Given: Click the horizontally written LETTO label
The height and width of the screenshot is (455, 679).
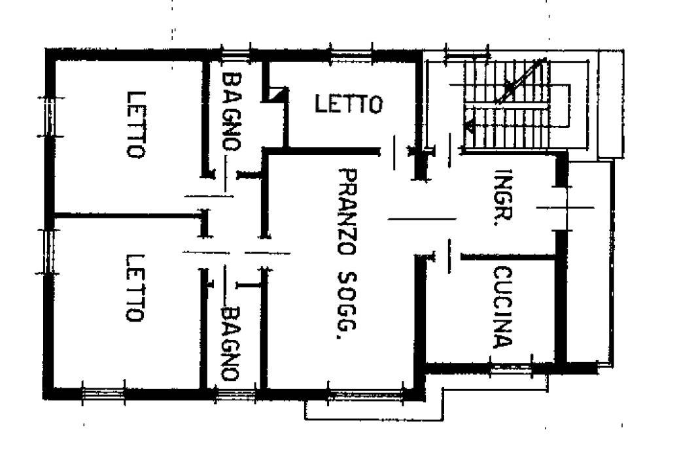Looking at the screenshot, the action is click(349, 105).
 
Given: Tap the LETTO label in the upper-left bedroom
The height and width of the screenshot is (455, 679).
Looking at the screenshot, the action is click(136, 125).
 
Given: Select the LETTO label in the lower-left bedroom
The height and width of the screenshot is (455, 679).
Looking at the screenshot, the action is click(134, 288).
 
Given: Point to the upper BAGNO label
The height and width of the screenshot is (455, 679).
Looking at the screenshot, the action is click(232, 111).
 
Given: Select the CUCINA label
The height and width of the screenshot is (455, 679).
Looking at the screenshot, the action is click(503, 307).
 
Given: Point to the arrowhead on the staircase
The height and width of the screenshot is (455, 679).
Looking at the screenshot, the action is click(469, 126).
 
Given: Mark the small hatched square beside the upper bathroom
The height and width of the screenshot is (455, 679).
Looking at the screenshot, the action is click(277, 94).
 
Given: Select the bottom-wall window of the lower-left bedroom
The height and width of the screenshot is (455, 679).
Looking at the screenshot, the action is click(104, 394).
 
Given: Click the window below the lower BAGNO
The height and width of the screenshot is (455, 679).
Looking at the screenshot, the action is click(236, 394).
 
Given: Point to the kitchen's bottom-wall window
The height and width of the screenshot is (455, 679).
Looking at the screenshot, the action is click(511, 369).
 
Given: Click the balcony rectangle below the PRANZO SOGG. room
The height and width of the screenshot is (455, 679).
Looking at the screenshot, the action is click(374, 410).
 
